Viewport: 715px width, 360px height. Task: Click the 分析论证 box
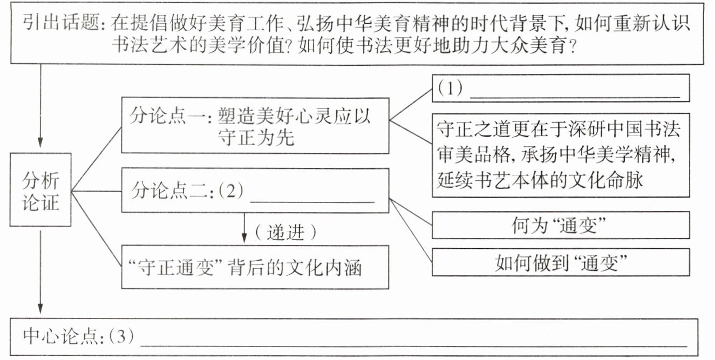click(x=40, y=189)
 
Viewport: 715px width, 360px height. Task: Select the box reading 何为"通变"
click(x=561, y=225)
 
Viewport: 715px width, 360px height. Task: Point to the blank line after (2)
click(x=313, y=201)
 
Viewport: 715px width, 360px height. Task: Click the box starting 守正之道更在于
click(x=561, y=155)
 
